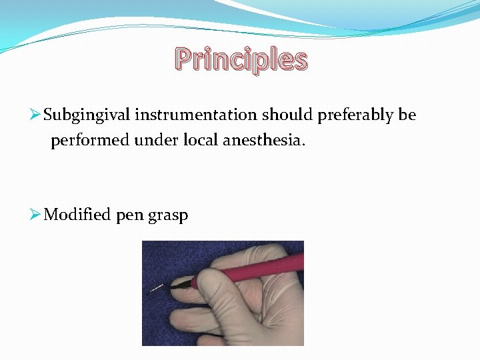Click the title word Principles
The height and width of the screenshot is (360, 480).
pos(241,60)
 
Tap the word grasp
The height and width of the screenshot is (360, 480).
pos(169,216)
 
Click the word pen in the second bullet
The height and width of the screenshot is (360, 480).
pos(130,216)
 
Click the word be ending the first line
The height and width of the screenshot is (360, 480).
pos(407,115)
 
